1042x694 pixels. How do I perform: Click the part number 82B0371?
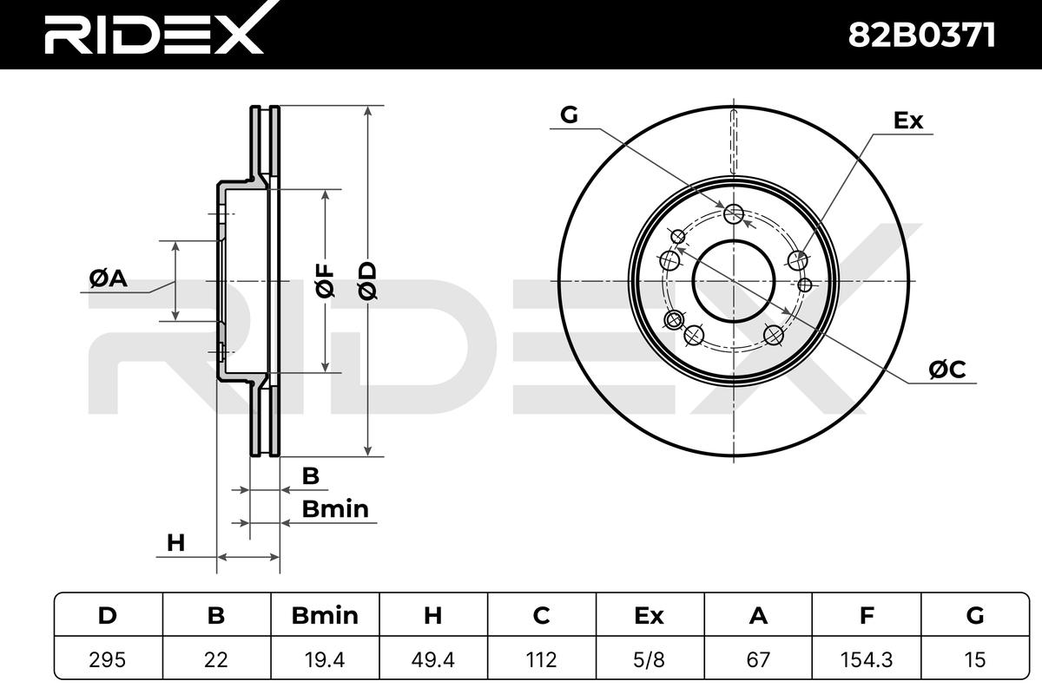click(x=921, y=36)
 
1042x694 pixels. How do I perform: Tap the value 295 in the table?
click(x=108, y=659)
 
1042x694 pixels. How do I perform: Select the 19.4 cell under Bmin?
click(x=325, y=659)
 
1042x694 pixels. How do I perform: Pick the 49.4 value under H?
click(x=432, y=659)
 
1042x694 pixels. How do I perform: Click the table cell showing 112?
click(x=541, y=659)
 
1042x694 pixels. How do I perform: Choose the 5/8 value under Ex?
click(x=650, y=659)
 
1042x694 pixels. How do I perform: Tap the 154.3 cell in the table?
click(x=867, y=659)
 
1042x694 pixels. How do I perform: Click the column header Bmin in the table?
click(x=325, y=616)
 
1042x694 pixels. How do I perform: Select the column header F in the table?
click(x=867, y=616)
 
